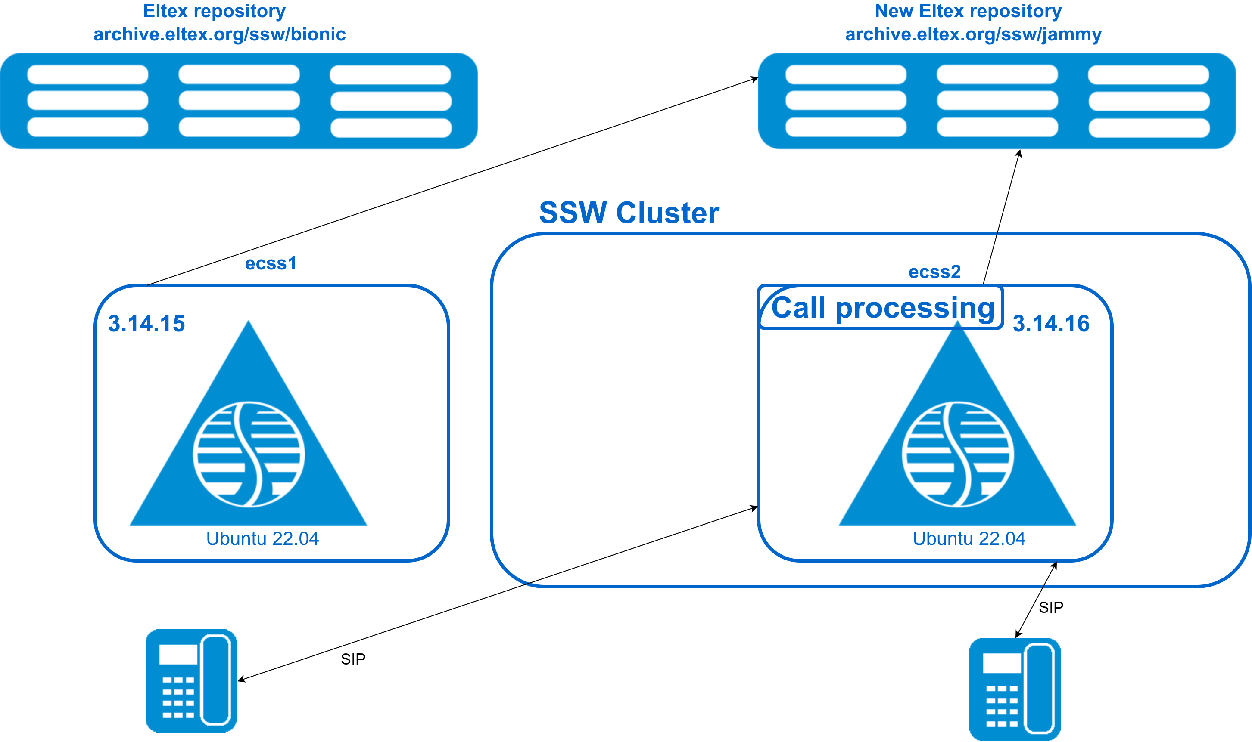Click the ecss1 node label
(x=271, y=263)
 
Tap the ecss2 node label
(x=934, y=272)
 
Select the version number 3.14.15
(x=146, y=324)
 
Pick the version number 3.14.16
(x=1051, y=324)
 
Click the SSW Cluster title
(x=629, y=213)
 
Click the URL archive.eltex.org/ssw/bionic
(x=219, y=34)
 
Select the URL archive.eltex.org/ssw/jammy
(x=973, y=34)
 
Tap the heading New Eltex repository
(x=968, y=11)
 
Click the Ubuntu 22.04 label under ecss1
(x=262, y=538)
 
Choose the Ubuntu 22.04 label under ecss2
(x=969, y=538)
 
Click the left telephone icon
(x=191, y=680)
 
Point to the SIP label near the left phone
(x=353, y=659)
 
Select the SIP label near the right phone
(x=1051, y=607)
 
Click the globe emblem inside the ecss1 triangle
(x=249, y=454)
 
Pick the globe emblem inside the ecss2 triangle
(x=958, y=454)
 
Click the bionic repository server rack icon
(x=239, y=101)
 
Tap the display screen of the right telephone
(x=1002, y=663)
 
